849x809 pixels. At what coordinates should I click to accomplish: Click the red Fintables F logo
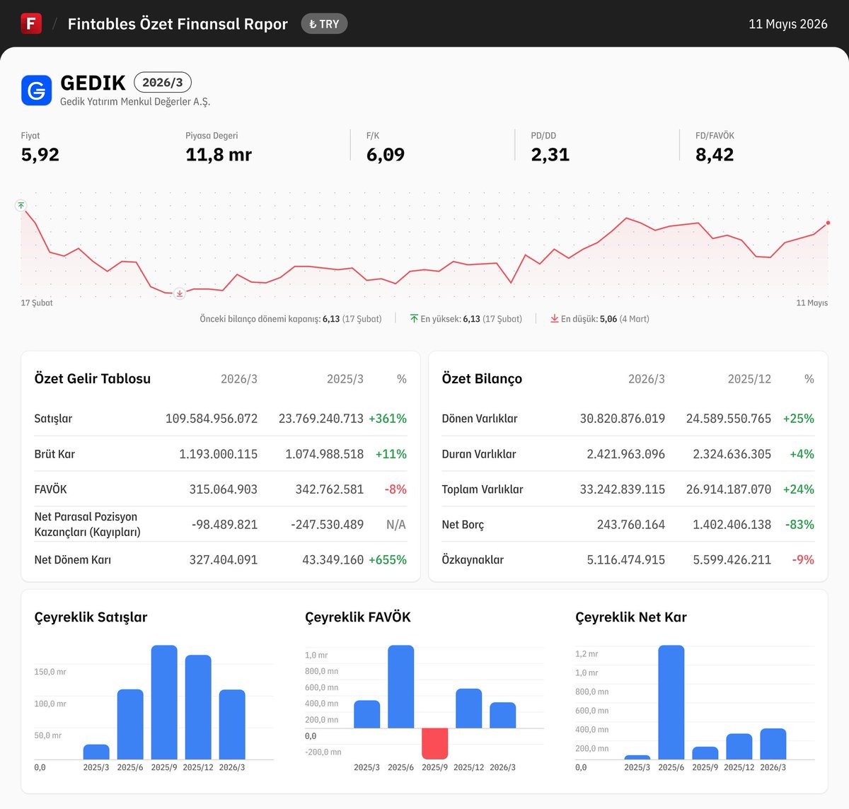click(x=31, y=23)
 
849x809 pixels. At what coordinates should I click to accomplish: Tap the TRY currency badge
click(x=324, y=24)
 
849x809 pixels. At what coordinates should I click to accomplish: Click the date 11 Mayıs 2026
click(x=787, y=24)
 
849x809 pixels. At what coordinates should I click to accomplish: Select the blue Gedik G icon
click(x=36, y=91)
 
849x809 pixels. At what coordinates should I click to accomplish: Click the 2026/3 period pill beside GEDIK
click(x=163, y=82)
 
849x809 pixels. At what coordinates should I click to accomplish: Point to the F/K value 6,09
click(x=385, y=155)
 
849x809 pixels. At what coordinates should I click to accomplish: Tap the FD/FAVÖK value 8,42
click(x=715, y=155)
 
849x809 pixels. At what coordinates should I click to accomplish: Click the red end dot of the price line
click(x=828, y=223)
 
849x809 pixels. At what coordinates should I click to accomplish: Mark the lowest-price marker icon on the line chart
click(x=179, y=294)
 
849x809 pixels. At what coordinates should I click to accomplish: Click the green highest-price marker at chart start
click(x=21, y=206)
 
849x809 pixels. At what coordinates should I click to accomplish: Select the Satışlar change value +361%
click(x=388, y=419)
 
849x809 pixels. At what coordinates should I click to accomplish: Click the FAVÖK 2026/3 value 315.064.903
click(x=224, y=489)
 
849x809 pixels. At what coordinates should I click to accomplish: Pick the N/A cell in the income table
click(x=396, y=525)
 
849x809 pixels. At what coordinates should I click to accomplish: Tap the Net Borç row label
click(x=463, y=525)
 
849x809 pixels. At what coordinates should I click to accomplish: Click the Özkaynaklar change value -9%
click(x=803, y=560)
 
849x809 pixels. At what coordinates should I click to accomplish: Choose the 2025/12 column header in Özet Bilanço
click(x=749, y=379)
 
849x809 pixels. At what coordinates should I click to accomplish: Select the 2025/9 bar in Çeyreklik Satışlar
click(x=164, y=702)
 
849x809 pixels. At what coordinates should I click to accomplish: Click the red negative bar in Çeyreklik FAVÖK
click(x=435, y=743)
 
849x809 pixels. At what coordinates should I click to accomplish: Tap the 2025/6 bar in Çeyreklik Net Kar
click(x=671, y=702)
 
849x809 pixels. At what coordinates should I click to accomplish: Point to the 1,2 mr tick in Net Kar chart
click(x=587, y=654)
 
